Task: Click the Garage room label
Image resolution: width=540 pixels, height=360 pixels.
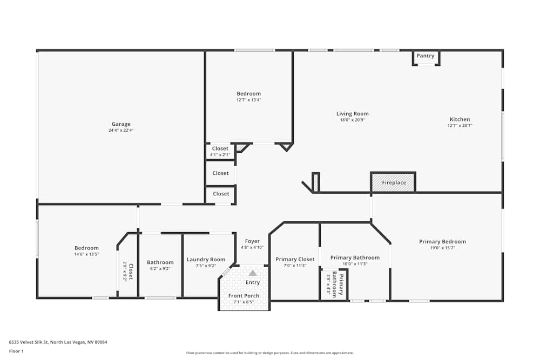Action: [121, 124]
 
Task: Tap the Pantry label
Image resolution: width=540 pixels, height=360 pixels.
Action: [426, 56]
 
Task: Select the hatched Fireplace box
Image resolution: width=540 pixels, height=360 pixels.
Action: [393, 182]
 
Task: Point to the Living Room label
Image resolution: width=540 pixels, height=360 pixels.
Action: [352, 114]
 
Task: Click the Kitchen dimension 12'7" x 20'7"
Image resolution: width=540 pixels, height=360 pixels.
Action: [460, 126]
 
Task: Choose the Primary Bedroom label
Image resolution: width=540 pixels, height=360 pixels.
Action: [442, 242]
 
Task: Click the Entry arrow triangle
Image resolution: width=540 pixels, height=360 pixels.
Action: [253, 273]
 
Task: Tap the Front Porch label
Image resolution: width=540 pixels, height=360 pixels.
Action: [244, 296]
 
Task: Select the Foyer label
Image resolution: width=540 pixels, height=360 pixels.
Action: [252, 241]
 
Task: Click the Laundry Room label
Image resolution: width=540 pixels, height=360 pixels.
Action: [206, 260]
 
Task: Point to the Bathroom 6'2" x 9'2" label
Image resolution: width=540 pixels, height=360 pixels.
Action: [160, 263]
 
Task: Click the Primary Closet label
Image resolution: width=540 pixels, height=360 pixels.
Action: [294, 260]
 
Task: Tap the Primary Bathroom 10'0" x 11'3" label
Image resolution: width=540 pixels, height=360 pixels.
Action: [355, 258]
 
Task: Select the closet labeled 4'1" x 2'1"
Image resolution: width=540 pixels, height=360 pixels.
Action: [220, 149]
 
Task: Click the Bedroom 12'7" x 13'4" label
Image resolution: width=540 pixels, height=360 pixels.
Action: [248, 94]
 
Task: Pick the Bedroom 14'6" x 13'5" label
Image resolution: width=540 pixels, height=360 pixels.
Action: [86, 248]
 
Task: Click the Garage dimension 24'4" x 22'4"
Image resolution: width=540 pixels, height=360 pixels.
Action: [121, 131]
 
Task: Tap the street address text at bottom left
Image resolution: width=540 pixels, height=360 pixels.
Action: [58, 342]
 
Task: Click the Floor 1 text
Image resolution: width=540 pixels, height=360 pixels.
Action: [17, 351]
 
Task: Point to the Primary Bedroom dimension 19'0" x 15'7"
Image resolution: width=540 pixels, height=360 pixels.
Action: [442, 248]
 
